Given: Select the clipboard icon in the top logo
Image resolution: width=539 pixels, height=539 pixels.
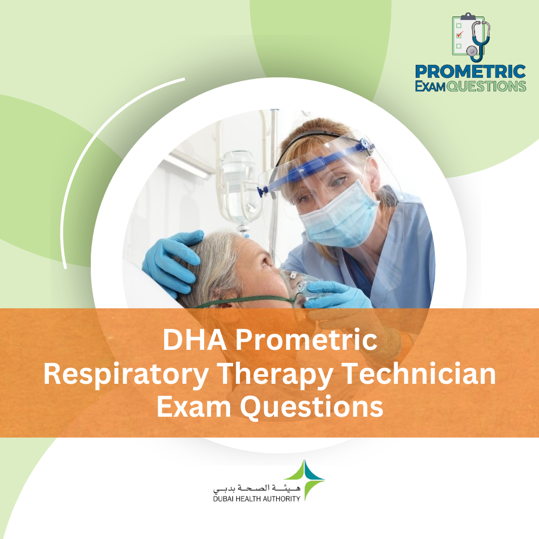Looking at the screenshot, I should point(463,34).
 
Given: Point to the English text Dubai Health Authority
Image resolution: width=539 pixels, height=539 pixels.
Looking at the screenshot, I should point(257,498).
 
